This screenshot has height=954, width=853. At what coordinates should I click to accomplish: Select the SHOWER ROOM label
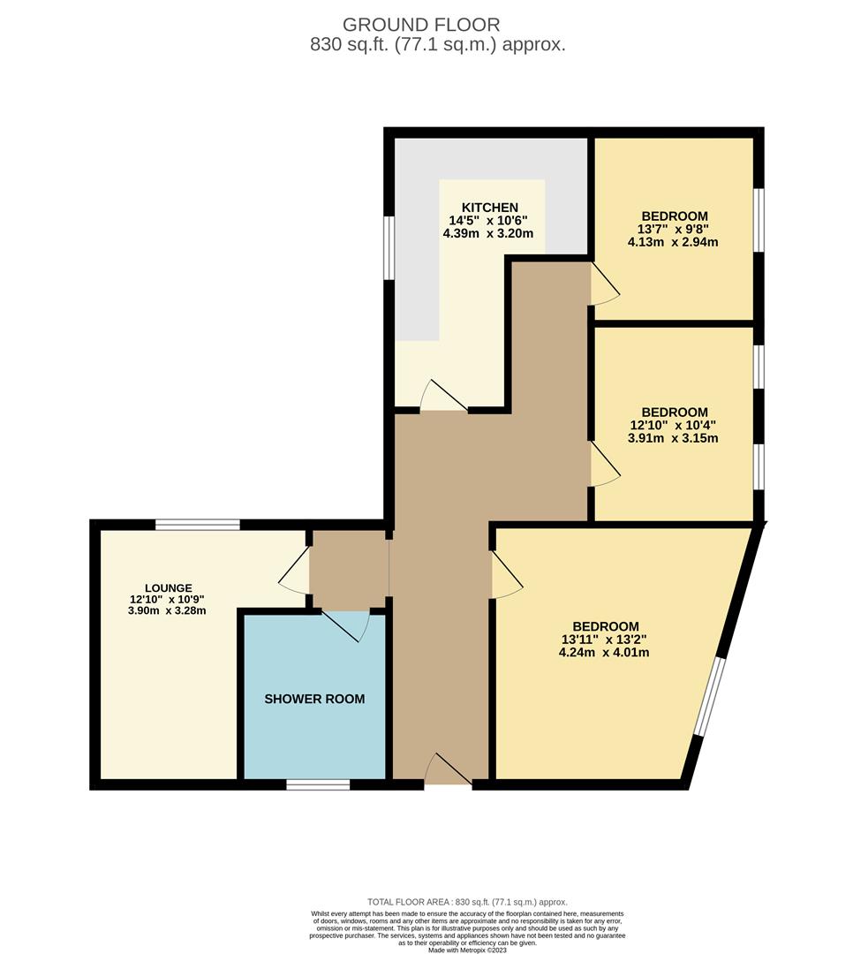coord(314,699)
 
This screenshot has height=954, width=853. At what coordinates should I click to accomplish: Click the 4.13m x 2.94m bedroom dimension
coord(674,241)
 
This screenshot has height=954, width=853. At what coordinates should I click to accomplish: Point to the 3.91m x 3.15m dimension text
coord(674,437)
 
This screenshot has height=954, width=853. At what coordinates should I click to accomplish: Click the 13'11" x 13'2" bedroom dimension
coord(605,640)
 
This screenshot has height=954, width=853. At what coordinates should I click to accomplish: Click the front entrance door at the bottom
coord(449,770)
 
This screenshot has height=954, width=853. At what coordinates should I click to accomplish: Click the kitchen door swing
coord(442,397)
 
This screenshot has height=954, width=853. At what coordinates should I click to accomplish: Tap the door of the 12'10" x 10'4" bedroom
coord(606,465)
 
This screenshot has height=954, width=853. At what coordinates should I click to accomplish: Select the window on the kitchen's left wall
coord(389,246)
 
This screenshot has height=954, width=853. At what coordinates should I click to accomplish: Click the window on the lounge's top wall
coord(198,525)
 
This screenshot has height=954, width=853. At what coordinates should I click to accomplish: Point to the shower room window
coord(318,784)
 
